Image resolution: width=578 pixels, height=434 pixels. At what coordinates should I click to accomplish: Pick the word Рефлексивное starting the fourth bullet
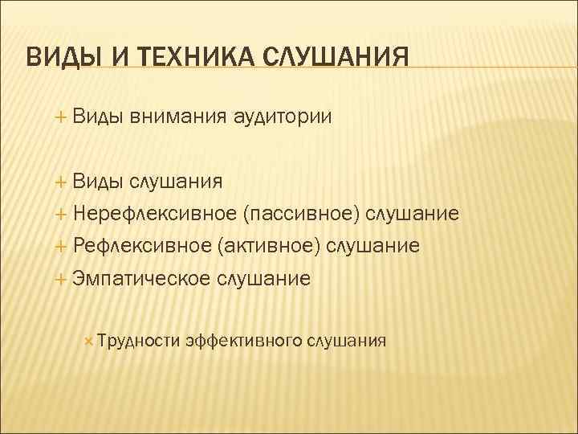click(x=141, y=245)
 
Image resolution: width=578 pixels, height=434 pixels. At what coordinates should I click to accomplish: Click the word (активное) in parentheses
click(x=270, y=245)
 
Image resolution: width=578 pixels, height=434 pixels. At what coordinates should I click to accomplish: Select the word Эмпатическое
click(x=141, y=278)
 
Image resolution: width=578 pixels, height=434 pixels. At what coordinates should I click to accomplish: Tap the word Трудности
click(x=138, y=341)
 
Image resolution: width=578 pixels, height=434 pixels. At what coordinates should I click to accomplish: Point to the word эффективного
click(x=243, y=341)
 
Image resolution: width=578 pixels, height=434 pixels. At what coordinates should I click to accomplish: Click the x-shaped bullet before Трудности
click(x=88, y=341)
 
